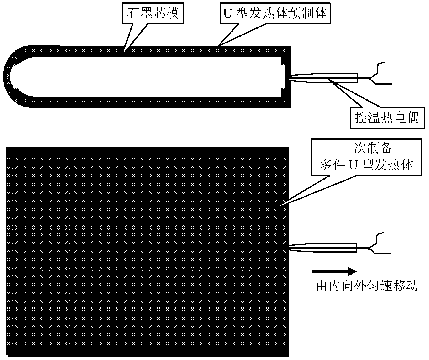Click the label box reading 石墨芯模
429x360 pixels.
(x=153, y=13)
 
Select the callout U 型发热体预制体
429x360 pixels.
(x=275, y=13)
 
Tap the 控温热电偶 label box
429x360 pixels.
(x=387, y=118)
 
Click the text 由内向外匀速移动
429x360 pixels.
(x=367, y=286)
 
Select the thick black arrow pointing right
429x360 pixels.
(x=334, y=272)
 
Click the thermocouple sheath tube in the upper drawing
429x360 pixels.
(x=323, y=78)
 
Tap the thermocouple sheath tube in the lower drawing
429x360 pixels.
(x=323, y=248)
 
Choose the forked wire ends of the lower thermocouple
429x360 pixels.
(x=380, y=243)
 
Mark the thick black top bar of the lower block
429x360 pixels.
(x=148, y=152)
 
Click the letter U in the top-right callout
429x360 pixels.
(x=228, y=14)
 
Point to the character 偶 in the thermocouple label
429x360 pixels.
(x=412, y=118)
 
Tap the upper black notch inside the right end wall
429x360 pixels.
(x=283, y=61)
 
